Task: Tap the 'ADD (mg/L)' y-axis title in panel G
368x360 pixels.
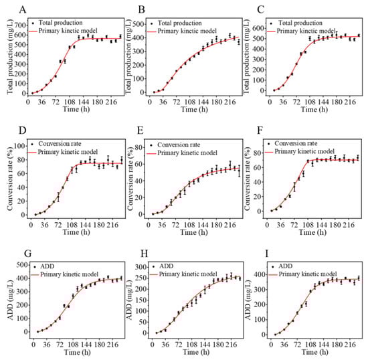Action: click(x=7, y=296)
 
